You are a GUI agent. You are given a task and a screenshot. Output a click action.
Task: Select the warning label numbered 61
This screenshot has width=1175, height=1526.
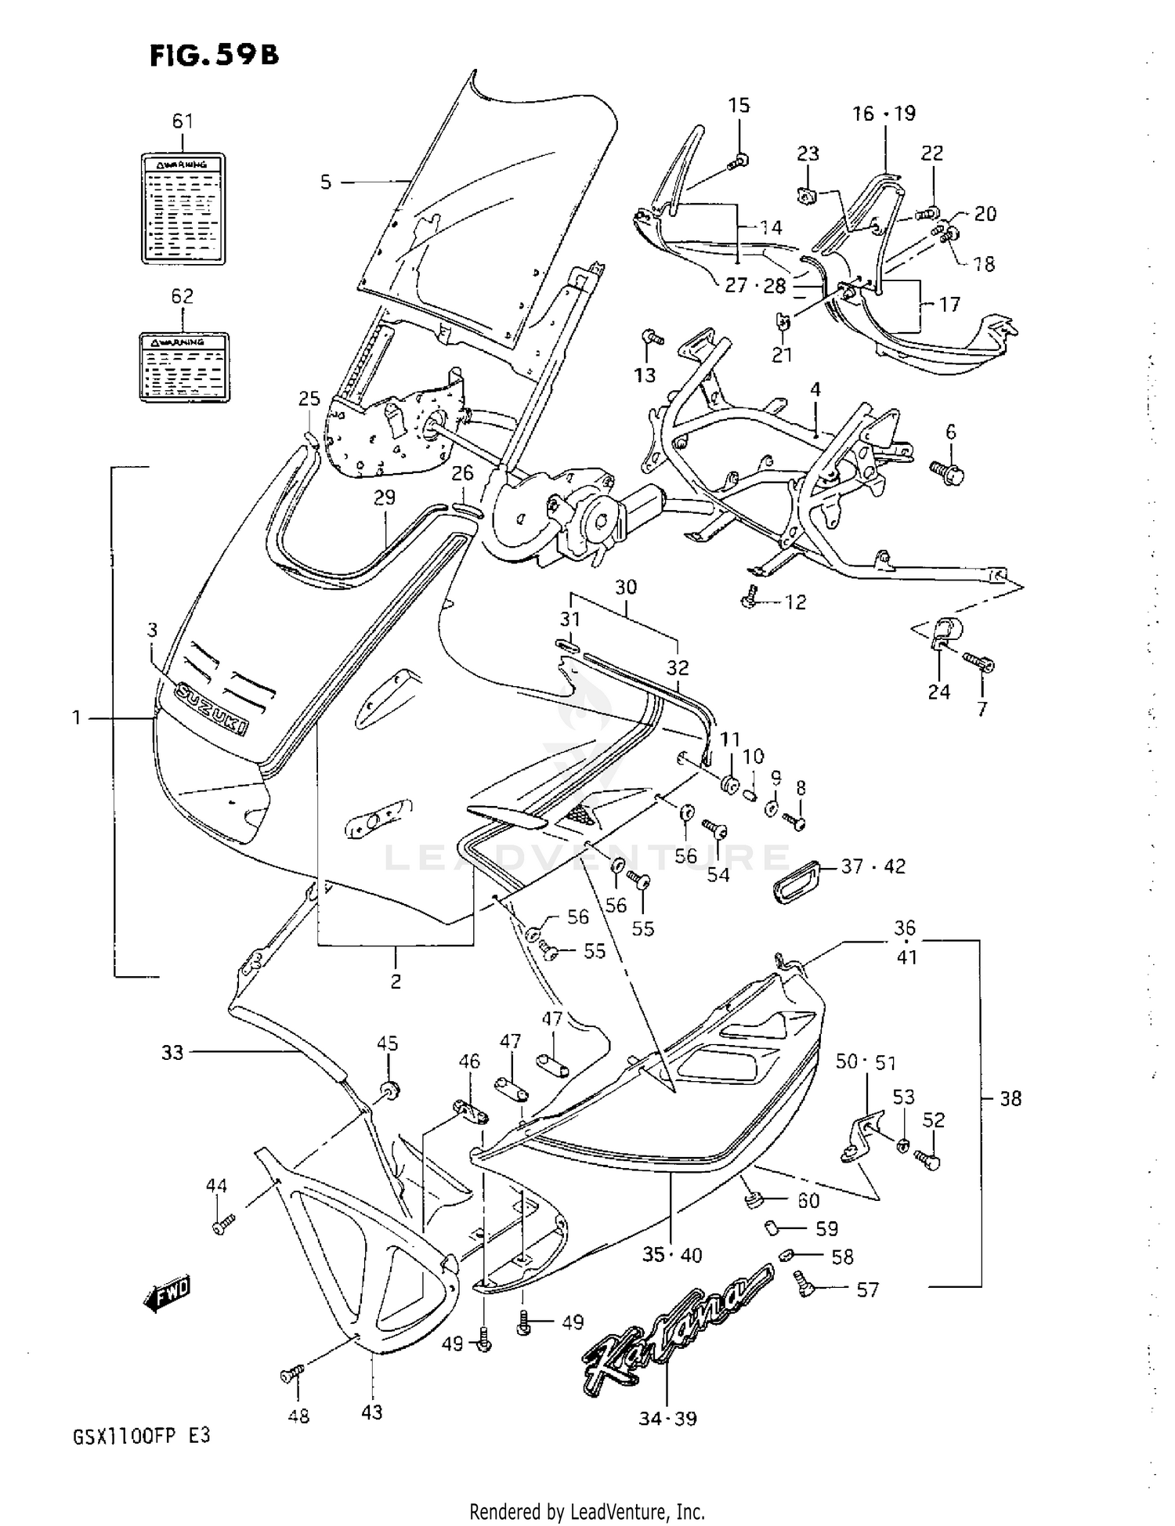(x=183, y=208)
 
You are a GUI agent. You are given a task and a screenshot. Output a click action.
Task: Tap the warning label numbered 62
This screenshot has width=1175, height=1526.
(x=184, y=367)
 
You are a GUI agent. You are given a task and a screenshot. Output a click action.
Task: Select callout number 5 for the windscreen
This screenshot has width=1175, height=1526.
(x=326, y=183)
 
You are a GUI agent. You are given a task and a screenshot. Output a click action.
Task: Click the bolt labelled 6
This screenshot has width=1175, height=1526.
(x=947, y=472)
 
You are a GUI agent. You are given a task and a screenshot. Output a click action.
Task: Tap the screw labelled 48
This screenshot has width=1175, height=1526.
(x=291, y=1373)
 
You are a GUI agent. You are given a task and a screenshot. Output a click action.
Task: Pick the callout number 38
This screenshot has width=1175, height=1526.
(x=1010, y=1098)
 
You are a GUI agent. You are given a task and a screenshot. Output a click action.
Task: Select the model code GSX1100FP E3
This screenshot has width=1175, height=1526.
(x=142, y=1437)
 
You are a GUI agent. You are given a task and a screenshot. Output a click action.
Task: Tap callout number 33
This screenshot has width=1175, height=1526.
(x=172, y=1052)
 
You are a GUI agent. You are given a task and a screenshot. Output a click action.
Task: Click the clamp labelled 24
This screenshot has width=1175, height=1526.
(x=945, y=633)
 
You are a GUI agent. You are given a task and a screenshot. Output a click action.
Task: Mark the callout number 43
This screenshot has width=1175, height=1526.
(x=372, y=1412)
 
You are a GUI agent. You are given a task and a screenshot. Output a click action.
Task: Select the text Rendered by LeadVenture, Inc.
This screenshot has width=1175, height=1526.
(x=587, y=1511)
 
